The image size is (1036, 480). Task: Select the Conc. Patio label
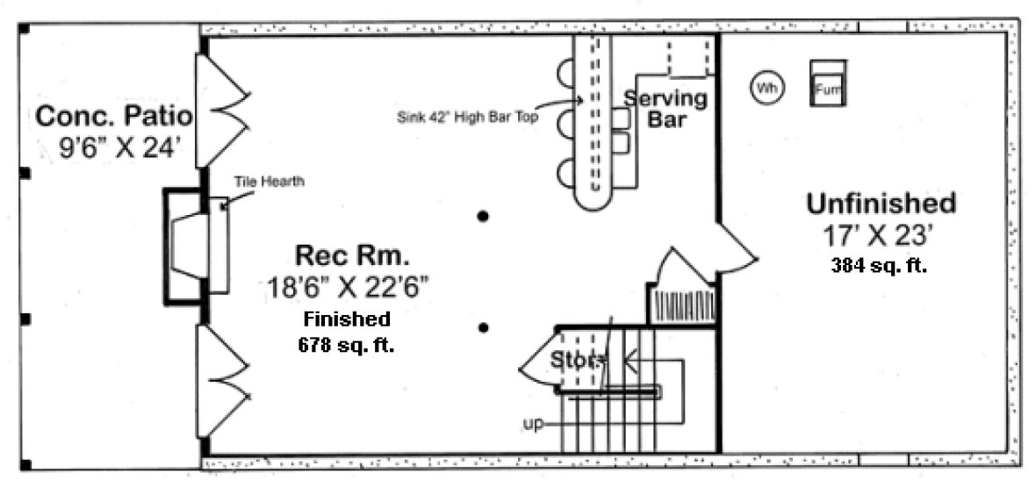tap(114, 116)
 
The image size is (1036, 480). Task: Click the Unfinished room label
tap(881, 204)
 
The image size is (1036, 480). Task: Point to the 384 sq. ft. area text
tap(879, 265)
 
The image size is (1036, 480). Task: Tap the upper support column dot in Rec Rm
tap(482, 216)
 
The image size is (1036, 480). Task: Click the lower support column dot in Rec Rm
tap(482, 328)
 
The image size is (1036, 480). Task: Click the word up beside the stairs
tap(532, 424)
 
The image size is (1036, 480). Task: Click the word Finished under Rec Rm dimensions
tap(347, 319)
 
